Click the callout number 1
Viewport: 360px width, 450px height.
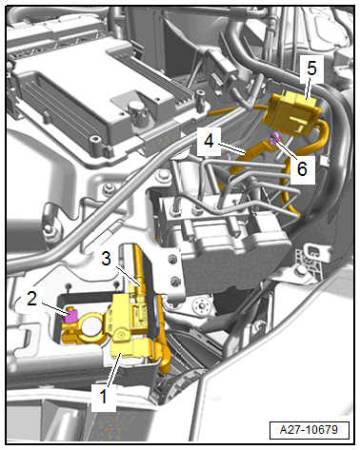pos(103,397)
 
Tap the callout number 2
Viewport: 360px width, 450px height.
pos(31,299)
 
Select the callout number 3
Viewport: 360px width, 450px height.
pos(106,258)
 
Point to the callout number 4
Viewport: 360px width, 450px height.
pos(209,141)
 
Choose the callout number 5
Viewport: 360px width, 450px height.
pos(311,68)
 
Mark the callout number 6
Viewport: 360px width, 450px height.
pos(302,168)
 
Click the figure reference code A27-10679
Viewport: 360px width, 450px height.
pos(309,430)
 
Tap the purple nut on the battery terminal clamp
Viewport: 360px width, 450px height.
pos(70,316)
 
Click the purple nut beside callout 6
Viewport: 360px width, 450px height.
pos(274,139)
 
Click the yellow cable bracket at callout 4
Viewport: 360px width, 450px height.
pos(254,151)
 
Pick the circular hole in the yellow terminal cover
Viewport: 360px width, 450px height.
pos(121,335)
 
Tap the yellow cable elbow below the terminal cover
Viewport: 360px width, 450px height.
pos(162,354)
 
